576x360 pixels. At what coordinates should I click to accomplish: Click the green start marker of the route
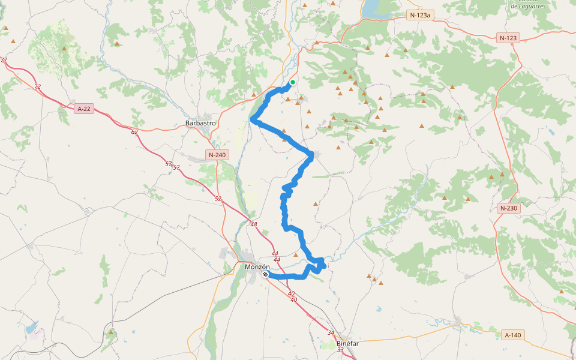coord(293,82)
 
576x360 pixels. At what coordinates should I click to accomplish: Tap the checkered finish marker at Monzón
coord(265,274)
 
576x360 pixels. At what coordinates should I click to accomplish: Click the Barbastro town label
coord(200,124)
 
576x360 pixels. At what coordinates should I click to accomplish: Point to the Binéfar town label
coord(347,344)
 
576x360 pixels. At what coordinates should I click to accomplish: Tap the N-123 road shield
coord(508,38)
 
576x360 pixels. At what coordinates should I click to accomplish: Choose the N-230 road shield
coord(508,208)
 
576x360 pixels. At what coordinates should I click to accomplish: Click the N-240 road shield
coord(217,155)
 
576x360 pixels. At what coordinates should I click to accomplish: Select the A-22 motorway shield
coord(85,109)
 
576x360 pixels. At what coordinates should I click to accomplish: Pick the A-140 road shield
coord(512,335)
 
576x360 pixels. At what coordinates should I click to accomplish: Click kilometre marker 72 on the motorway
coord(37,87)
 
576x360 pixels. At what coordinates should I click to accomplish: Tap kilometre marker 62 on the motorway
coord(134,131)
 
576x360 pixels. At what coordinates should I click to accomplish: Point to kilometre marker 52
coord(218,199)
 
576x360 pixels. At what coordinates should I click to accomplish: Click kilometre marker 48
coord(254,224)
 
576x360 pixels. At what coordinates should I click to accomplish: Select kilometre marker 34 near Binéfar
coord(331,332)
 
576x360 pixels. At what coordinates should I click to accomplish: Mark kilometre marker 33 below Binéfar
coord(340,350)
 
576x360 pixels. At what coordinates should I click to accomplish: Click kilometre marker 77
coord(4,60)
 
